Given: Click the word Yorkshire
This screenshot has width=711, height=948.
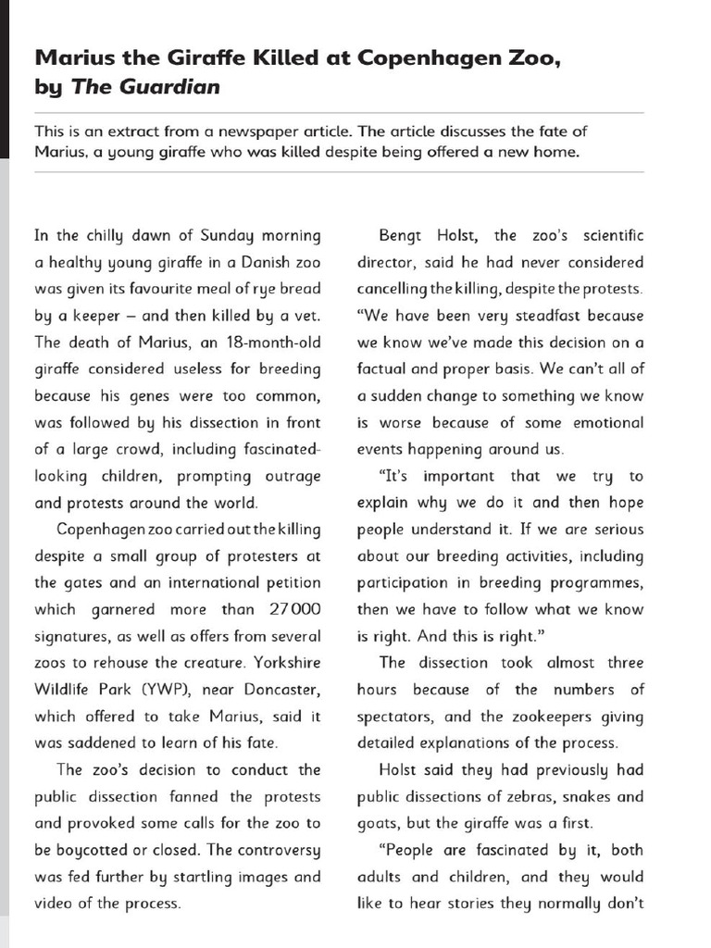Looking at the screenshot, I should point(286,664).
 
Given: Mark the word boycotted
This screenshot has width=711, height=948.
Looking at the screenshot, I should point(90,851).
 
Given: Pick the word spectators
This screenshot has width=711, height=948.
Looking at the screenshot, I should point(395,717).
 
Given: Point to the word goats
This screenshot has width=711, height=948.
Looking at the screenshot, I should point(378,824).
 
